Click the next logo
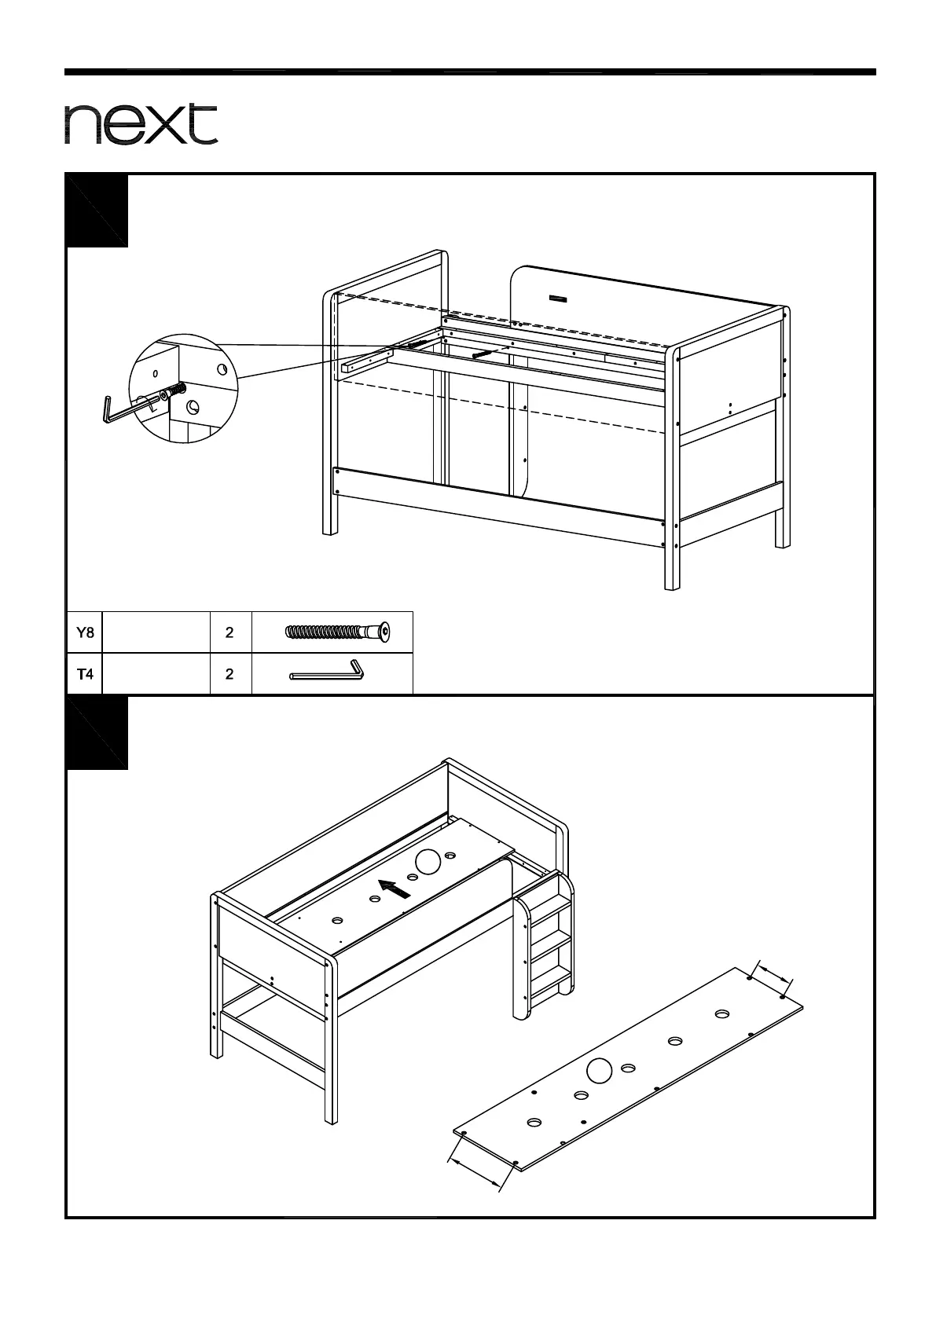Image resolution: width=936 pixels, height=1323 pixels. tap(141, 124)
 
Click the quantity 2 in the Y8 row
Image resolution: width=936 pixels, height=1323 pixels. tap(229, 632)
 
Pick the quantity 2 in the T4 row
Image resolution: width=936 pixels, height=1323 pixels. tap(229, 673)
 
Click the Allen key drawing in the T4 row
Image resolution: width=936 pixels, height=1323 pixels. tap(327, 672)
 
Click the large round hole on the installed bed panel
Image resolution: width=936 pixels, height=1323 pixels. tap(428, 861)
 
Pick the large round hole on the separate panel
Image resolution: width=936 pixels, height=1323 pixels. tap(600, 1070)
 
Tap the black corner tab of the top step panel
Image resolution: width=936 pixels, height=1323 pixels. tap(97, 209)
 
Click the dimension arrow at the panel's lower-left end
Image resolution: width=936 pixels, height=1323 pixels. tap(475, 1171)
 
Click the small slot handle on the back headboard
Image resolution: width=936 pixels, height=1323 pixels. tap(557, 299)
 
